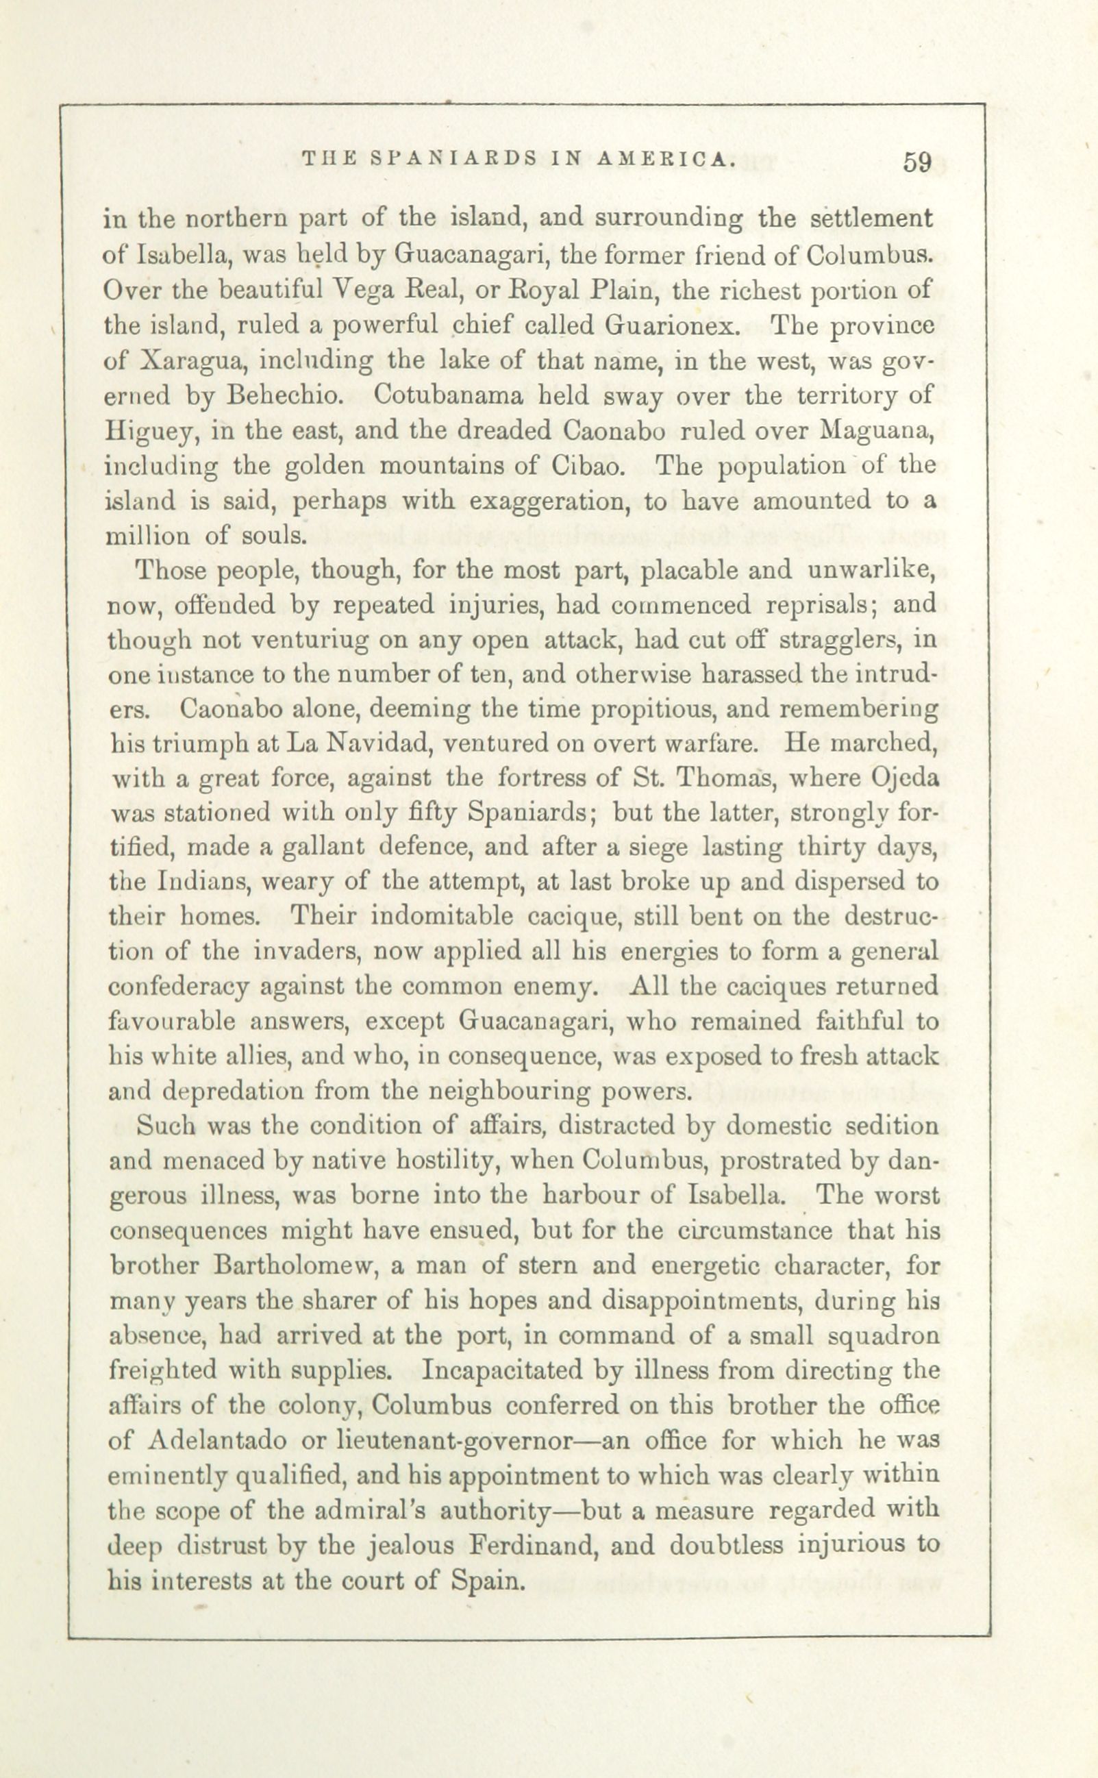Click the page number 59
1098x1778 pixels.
point(918,162)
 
